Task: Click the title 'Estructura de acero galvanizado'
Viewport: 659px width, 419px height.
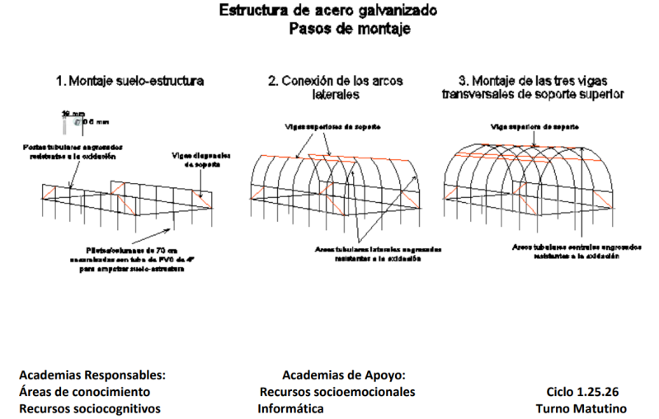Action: (x=328, y=12)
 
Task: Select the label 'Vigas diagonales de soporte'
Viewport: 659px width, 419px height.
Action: (x=203, y=158)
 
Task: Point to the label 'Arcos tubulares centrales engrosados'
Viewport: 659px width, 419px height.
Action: (x=564, y=251)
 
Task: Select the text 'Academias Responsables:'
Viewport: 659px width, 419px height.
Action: (x=92, y=374)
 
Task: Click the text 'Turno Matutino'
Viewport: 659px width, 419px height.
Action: (x=581, y=407)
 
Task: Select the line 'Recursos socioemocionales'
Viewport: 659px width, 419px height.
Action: (x=337, y=391)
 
